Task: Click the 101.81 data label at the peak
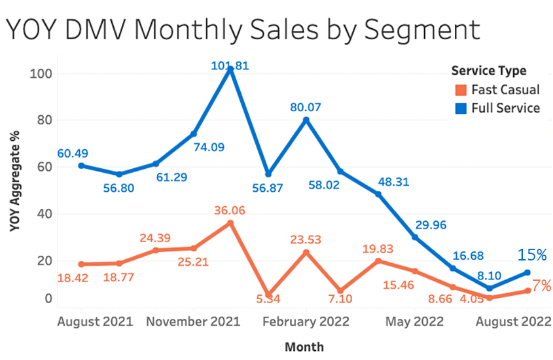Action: click(x=230, y=65)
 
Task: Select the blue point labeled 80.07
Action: click(x=306, y=120)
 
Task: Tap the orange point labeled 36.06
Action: click(x=230, y=223)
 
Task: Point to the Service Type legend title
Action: click(x=489, y=71)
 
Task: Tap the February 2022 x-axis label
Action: click(x=306, y=322)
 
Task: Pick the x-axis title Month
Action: click(x=304, y=346)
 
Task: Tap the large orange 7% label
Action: click(x=541, y=285)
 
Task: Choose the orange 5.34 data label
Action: click(x=263, y=300)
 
